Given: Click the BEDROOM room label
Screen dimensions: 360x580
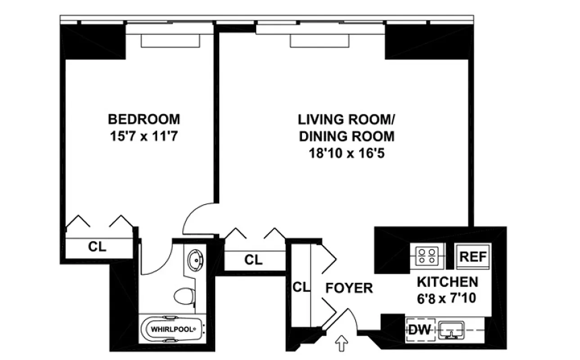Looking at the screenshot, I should pos(144,119).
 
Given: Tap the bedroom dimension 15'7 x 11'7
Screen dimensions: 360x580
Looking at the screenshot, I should pos(144,136).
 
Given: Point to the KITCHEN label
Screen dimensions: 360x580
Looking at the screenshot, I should pos(447,282).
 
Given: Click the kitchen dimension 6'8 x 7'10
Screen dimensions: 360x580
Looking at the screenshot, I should pos(447,297).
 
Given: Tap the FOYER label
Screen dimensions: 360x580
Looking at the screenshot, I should pos(349,288).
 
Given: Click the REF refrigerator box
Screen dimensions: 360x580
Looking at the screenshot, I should pos(473,257).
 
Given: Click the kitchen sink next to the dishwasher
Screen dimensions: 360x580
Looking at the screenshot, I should pos(452,330).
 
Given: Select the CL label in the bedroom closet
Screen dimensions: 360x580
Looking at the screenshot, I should pos(97,247).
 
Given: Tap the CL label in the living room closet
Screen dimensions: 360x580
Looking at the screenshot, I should pos(253,260).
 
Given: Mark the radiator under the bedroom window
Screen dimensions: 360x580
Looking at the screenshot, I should pos(170,40).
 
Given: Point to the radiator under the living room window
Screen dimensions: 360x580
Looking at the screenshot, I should pos(319,40).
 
